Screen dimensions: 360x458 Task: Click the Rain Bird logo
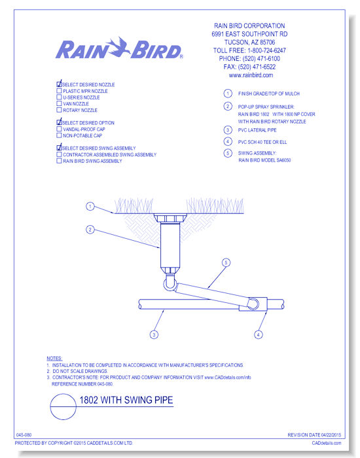[x=119, y=48]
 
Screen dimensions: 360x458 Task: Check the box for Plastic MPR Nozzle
[x=59, y=91]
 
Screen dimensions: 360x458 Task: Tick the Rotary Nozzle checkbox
[x=59, y=110]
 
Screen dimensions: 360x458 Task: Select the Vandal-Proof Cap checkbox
[x=59, y=129]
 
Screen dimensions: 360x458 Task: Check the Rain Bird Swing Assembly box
[x=59, y=161]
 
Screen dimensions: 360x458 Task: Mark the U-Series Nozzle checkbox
[x=59, y=97]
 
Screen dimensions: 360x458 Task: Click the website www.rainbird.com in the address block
[x=251, y=75]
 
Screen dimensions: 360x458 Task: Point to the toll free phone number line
[x=249, y=50]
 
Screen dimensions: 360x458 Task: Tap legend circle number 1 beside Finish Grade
[x=228, y=94]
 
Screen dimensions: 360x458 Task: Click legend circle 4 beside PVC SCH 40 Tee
[x=228, y=142]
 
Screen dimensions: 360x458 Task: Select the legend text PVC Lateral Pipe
[x=257, y=130]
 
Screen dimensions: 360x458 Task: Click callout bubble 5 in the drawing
[x=226, y=262]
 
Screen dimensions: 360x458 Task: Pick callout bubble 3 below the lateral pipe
[x=154, y=334]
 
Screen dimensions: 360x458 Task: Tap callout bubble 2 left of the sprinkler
[x=90, y=230]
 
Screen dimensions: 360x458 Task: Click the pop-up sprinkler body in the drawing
[x=170, y=244]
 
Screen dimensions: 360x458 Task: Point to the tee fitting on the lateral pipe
[x=253, y=304]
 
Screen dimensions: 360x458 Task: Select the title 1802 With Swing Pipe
[x=126, y=400]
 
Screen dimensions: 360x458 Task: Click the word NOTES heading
[x=54, y=359]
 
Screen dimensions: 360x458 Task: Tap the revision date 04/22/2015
[x=331, y=435]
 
